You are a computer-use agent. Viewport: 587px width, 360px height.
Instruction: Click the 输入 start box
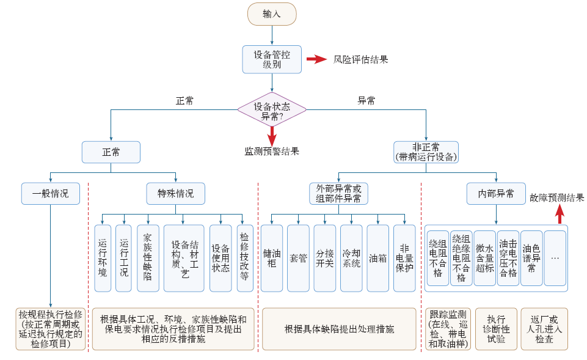coord(272,14)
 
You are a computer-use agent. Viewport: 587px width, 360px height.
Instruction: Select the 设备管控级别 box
coord(272,59)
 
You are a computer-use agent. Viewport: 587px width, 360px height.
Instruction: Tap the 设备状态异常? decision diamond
coord(272,110)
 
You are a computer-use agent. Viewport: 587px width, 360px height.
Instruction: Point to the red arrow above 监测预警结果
coord(272,135)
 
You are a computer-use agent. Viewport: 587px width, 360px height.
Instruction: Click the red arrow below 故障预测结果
coord(560,215)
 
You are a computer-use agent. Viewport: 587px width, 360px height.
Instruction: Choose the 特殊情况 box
coord(175,194)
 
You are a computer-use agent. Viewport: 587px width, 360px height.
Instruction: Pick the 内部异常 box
coord(495,194)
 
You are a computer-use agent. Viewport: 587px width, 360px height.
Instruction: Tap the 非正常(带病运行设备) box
coord(426,152)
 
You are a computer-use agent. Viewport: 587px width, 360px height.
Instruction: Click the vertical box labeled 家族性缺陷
coord(147,257)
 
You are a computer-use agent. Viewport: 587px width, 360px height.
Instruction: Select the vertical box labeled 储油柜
coord(271,258)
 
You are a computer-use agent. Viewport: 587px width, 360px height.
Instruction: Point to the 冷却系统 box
coord(351,258)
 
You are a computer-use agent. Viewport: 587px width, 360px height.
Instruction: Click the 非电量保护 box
coord(404,258)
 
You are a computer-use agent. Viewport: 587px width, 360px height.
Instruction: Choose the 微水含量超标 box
coord(484,258)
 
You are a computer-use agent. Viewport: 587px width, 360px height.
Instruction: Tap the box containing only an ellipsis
coord(555,258)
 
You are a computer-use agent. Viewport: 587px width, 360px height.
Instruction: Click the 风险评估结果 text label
coord(360,59)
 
